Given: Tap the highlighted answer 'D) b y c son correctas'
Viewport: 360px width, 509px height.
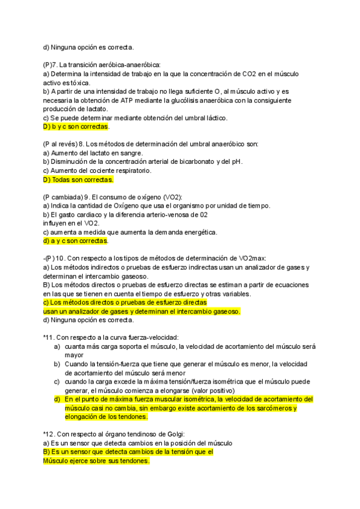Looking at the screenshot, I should (x=76, y=127).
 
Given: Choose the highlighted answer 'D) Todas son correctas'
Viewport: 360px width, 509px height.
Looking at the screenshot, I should (x=78, y=179).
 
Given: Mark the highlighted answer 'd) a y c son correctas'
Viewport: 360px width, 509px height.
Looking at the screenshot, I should (x=76, y=241).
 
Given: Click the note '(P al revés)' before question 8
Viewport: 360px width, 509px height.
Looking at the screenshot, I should (x=60, y=144).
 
